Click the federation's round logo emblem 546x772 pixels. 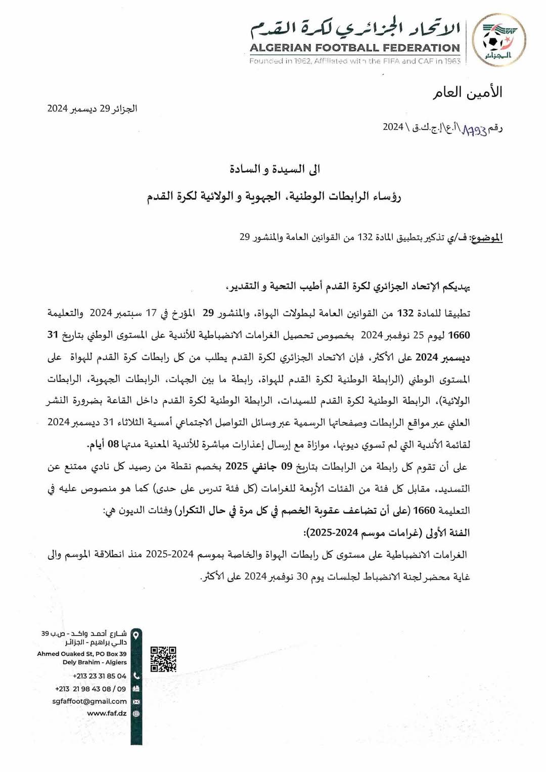point(498,40)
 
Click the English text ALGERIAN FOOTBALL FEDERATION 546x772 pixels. point(354,48)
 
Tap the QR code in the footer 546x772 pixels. point(163,659)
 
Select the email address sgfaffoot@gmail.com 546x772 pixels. point(89,701)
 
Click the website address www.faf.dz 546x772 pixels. point(107,713)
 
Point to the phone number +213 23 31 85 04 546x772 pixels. point(100,676)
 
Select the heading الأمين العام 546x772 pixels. point(467,92)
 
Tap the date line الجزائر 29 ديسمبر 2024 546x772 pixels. point(93,109)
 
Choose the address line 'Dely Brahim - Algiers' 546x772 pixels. point(95,662)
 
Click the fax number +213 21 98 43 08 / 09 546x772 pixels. point(90,689)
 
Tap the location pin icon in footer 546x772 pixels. point(136,635)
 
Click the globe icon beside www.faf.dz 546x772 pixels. point(136,713)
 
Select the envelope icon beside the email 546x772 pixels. point(136,701)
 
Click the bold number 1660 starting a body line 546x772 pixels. point(459,335)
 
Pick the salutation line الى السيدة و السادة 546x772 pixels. point(275,169)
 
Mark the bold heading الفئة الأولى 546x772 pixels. point(447,533)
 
